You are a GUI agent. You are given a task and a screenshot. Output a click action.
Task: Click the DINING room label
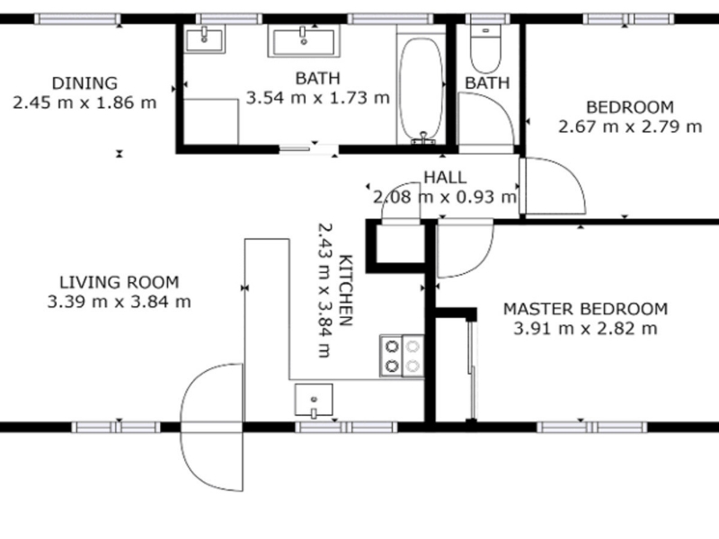point(84,84)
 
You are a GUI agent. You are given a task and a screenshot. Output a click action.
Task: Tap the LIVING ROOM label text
point(120,282)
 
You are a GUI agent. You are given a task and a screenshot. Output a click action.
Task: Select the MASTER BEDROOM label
point(586,309)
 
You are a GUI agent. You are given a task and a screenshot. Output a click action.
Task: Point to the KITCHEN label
point(346,290)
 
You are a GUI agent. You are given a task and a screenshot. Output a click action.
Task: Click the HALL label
point(445,177)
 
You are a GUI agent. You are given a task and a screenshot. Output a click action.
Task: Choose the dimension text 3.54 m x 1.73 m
point(318,98)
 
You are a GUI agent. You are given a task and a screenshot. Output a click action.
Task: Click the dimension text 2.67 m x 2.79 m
point(630,127)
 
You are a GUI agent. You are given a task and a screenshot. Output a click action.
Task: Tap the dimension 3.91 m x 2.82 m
point(586,329)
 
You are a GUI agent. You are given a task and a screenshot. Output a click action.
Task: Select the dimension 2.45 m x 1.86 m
point(84,102)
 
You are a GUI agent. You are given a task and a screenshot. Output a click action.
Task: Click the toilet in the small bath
point(486,49)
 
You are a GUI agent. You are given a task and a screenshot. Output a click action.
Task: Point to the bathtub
point(422,90)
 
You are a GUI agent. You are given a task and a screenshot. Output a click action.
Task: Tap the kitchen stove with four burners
point(402,356)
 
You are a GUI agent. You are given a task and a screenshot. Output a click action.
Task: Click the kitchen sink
point(314,400)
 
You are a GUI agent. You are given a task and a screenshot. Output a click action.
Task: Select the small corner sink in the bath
point(205,39)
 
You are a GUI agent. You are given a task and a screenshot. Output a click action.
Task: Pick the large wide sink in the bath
point(304,41)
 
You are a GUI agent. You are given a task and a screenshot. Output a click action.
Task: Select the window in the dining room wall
point(77,19)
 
